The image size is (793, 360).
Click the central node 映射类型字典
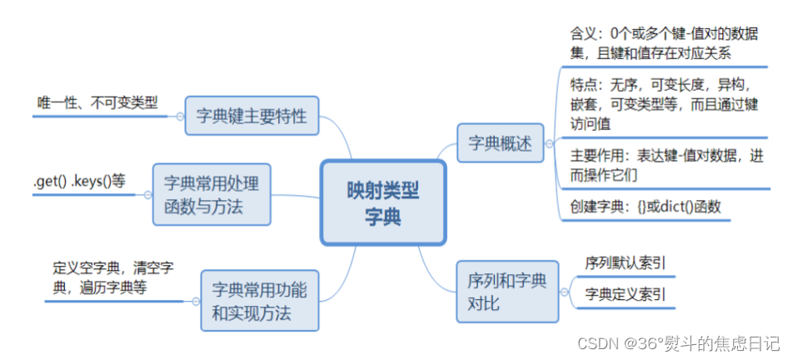pyautogui.click(x=383, y=203)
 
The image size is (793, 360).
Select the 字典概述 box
pyautogui.click(x=499, y=143)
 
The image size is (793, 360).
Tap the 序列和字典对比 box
pyautogui.click(x=507, y=292)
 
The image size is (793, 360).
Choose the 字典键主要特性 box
pyautogui.click(x=252, y=117)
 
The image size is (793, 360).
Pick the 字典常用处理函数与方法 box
pyautogui.click(x=212, y=194)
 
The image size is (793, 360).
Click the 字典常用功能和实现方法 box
pyautogui.click(x=259, y=302)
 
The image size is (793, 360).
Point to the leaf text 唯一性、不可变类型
pyautogui.click(x=97, y=102)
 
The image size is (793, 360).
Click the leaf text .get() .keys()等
pyautogui.click(x=79, y=181)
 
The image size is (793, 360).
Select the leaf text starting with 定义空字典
pyautogui.click(x=112, y=278)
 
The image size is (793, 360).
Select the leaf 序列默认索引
pyautogui.click(x=625, y=263)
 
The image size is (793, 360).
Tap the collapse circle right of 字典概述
pyautogui.click(x=549, y=144)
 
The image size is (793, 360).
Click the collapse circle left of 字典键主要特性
pyautogui.click(x=179, y=117)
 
